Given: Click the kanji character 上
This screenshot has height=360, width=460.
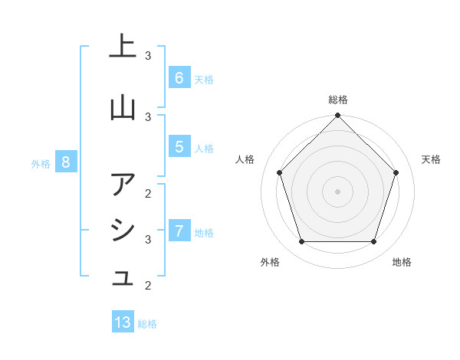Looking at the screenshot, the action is [x=123, y=47].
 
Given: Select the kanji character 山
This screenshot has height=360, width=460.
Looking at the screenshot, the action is [x=123, y=107].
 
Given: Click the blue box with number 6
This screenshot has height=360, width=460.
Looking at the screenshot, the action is [x=179, y=77].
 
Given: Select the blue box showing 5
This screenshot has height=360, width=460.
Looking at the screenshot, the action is [x=179, y=146].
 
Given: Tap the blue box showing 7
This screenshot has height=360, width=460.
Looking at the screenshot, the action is [x=179, y=231].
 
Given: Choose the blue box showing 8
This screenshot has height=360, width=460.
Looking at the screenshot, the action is [x=66, y=162].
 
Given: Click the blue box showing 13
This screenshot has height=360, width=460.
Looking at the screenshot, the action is [x=123, y=322].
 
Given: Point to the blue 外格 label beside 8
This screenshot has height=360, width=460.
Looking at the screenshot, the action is [x=41, y=163].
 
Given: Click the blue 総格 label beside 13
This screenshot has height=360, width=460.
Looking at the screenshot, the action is [x=147, y=324].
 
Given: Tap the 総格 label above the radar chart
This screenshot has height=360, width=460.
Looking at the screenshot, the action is [x=337, y=100].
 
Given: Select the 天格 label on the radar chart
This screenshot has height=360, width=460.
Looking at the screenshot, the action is [x=432, y=159].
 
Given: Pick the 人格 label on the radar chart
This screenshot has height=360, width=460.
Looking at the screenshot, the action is [x=245, y=159].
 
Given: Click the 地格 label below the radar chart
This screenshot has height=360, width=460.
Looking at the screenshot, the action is [x=402, y=262].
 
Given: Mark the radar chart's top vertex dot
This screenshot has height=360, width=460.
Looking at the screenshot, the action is [x=337, y=116].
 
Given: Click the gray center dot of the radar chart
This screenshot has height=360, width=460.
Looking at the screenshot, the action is [x=337, y=191].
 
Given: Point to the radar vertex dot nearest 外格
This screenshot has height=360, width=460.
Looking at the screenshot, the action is [x=301, y=242].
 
